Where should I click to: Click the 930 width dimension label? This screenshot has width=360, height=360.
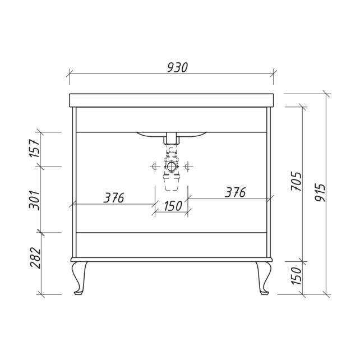pos(177,67)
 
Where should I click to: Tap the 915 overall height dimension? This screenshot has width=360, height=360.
pos(320,192)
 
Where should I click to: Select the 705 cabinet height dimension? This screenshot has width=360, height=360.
pos(296,181)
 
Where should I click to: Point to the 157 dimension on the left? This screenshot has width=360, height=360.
pos(34,148)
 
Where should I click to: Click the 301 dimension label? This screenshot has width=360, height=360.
pos(34,200)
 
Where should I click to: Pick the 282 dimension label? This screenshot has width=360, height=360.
pos(35,257)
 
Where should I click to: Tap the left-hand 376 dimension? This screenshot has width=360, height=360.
pos(114,198)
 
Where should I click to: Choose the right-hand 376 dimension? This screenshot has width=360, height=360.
pos(235,192)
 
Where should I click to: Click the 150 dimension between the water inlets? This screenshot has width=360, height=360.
pos(173,206)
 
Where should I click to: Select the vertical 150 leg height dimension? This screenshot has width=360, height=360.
pos(296,276)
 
